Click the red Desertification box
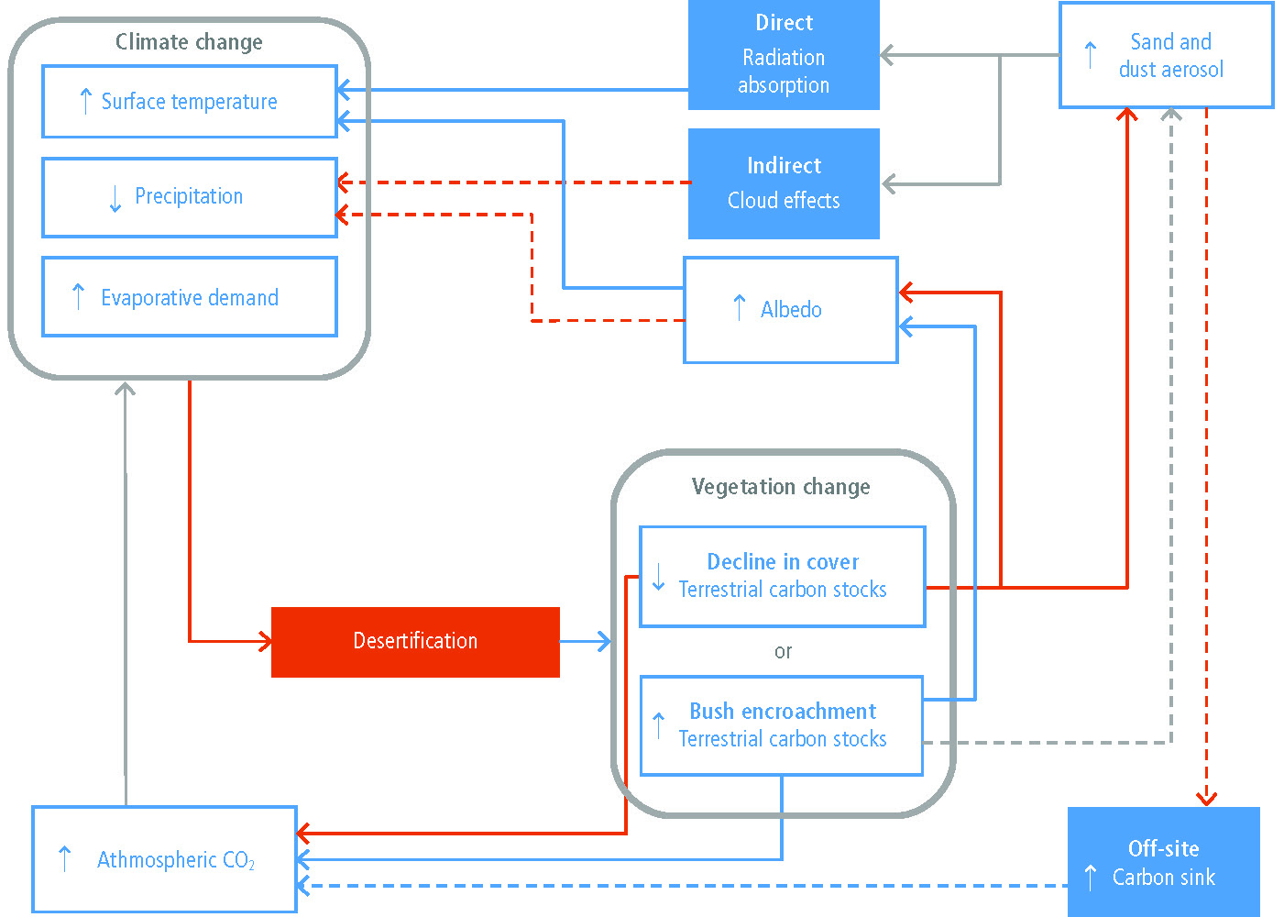pyautogui.click(x=415, y=642)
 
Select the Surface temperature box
pyautogui.click(x=189, y=102)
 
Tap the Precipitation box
pyautogui.click(x=189, y=197)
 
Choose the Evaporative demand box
pyautogui.click(x=189, y=296)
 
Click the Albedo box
pyautogui.click(x=790, y=310)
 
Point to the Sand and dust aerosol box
pyautogui.click(x=1166, y=55)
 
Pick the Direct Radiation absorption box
pyautogui.click(x=784, y=54)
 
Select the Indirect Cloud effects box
pyautogui.click(x=784, y=183)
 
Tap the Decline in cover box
pyautogui.click(x=783, y=577)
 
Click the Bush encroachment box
pyautogui.click(x=781, y=725)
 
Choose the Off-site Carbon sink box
pyautogui.click(x=1164, y=861)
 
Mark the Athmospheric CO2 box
pyautogui.click(x=165, y=859)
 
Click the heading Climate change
pyautogui.click(x=189, y=42)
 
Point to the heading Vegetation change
pyautogui.click(x=781, y=487)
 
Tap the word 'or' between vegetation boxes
pyautogui.click(x=783, y=651)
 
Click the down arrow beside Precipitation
pyautogui.click(x=115, y=199)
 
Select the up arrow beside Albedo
pyautogui.click(x=740, y=308)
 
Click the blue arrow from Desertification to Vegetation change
pyautogui.click(x=586, y=642)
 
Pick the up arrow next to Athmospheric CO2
pyautogui.click(x=65, y=859)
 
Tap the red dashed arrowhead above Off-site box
pyautogui.click(x=1207, y=799)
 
